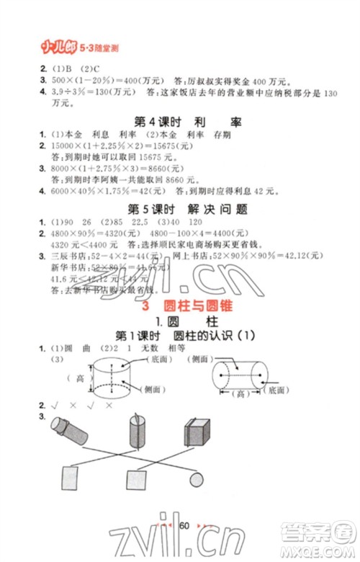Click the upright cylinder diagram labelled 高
click(x=112, y=380)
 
